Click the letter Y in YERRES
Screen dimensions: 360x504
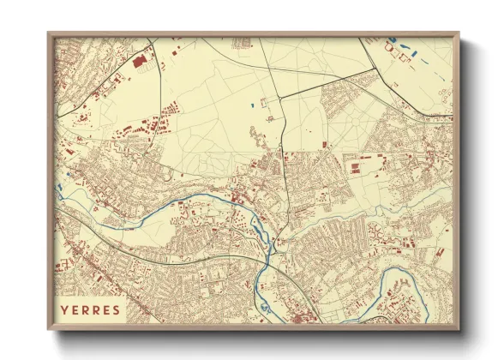pyautogui.click(x=65, y=309)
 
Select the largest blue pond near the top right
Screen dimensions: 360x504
pyautogui.click(x=393, y=40)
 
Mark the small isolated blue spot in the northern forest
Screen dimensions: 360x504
pyautogui.click(x=254, y=105)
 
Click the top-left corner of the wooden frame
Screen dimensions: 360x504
pyautogui.click(x=48, y=33)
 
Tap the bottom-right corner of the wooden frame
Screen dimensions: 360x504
pyautogui.click(x=459, y=330)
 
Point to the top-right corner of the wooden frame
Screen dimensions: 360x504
pyautogui.click(x=459, y=33)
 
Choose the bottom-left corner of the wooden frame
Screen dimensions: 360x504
pyautogui.click(x=48, y=330)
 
